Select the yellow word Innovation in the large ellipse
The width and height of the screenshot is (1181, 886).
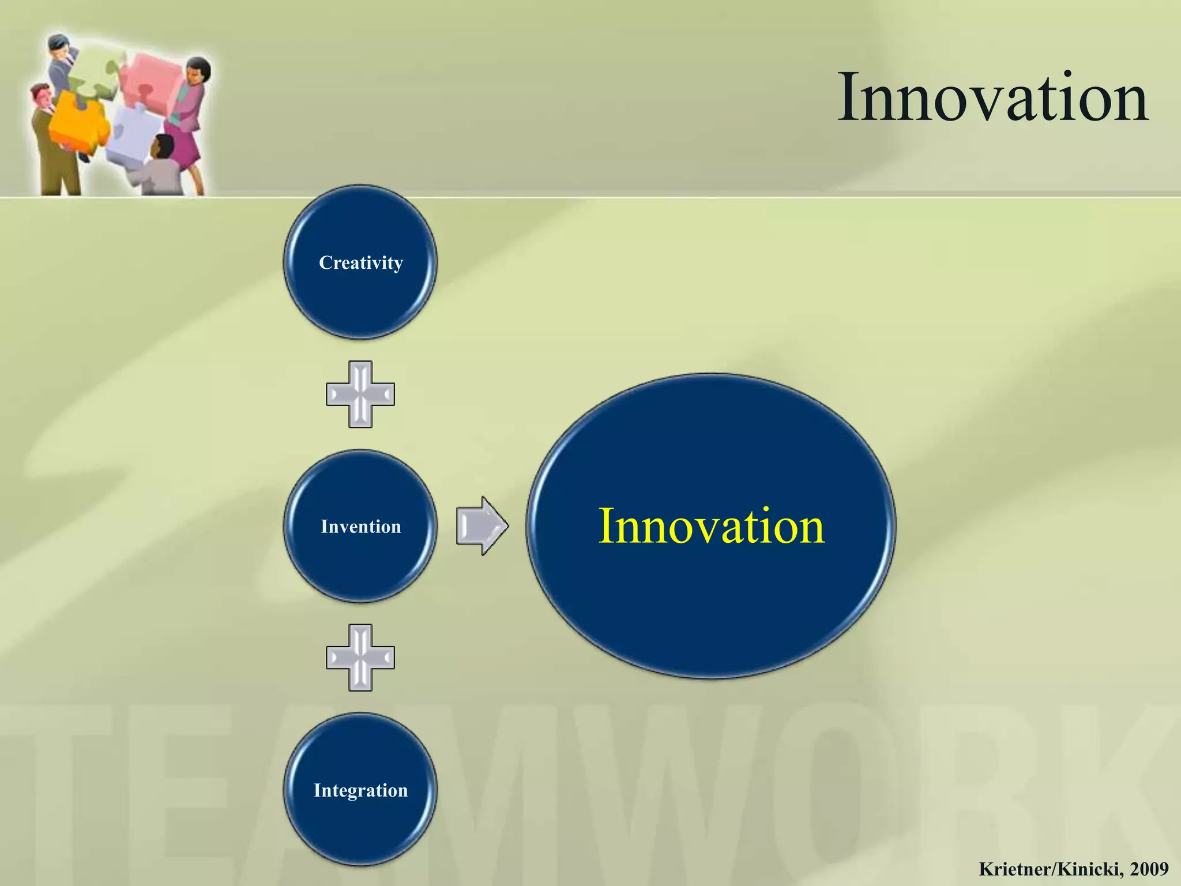click(x=711, y=526)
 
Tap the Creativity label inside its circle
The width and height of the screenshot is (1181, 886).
click(x=361, y=263)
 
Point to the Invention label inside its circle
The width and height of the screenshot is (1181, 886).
click(x=361, y=527)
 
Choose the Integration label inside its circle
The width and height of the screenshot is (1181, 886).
click(x=361, y=790)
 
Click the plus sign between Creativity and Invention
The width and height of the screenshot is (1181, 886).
click(x=360, y=395)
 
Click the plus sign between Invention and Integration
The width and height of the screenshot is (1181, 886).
click(x=360, y=658)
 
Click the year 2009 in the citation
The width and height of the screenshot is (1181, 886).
click(x=1149, y=869)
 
